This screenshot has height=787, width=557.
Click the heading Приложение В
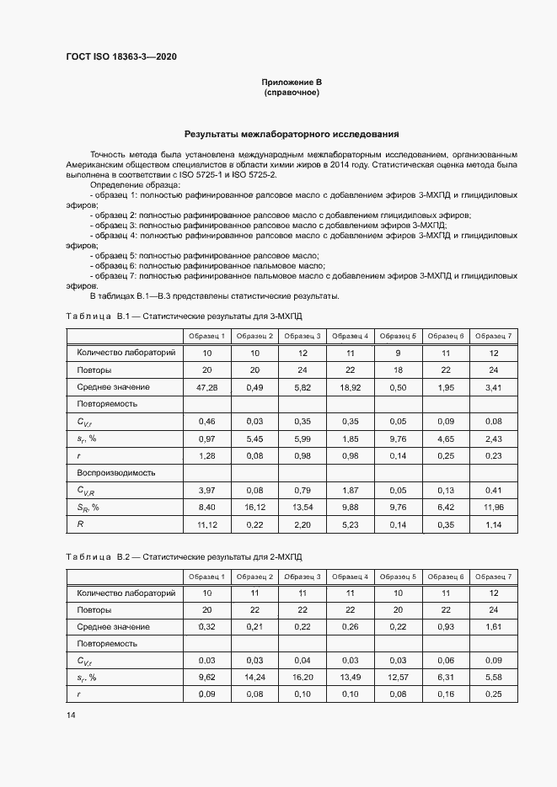292,82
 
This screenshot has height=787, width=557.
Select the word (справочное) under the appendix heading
292,92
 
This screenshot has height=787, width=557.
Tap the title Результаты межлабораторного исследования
292,134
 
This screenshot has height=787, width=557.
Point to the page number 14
71,715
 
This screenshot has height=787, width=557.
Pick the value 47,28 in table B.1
206,386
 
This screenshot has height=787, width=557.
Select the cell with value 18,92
350,386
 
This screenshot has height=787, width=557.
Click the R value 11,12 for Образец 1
206,524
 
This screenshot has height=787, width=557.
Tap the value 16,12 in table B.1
254,507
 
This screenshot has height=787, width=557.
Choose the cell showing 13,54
302,507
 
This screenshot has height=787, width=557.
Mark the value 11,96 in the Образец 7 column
493,507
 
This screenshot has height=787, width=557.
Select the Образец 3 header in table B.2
302,577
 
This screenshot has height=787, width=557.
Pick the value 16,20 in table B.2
302,678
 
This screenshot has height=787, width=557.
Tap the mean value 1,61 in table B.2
493,627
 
